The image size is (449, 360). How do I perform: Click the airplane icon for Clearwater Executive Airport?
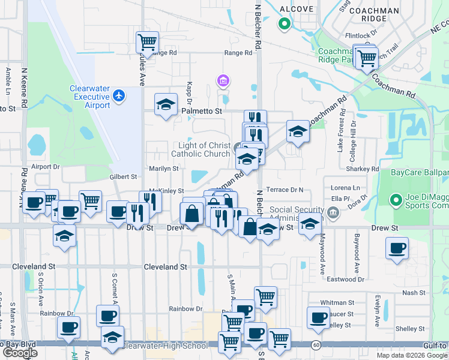coord(119,95)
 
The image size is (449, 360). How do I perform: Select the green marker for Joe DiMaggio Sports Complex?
coord(396,200)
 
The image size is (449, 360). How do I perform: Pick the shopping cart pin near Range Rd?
coord(147,43)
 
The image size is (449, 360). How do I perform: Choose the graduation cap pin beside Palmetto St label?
coord(166,105)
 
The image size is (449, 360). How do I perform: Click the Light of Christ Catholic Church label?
coord(200,149)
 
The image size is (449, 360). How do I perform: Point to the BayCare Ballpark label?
coord(419,173)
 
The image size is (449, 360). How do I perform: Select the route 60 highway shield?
coord(316,345)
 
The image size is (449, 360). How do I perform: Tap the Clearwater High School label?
coord(164,346)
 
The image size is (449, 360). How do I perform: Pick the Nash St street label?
coord(413,293)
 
